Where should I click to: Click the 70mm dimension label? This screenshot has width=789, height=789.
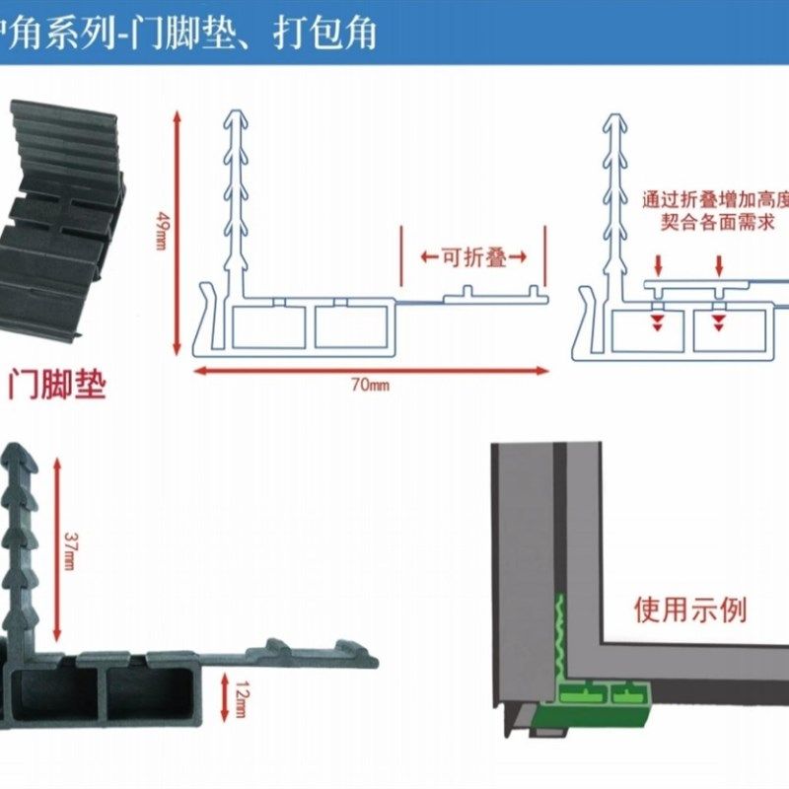(370, 385)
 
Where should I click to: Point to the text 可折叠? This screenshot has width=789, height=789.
(473, 258)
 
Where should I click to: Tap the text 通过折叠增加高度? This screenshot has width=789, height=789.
(714, 198)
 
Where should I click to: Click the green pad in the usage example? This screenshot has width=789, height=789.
(592, 690)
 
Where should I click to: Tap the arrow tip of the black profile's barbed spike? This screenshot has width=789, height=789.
(22, 451)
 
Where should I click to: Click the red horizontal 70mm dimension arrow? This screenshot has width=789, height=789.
(370, 371)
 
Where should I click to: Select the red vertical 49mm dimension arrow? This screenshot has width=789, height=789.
(178, 232)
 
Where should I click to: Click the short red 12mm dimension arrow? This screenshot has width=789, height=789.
(227, 693)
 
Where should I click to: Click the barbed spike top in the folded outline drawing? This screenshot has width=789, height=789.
(617, 120)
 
